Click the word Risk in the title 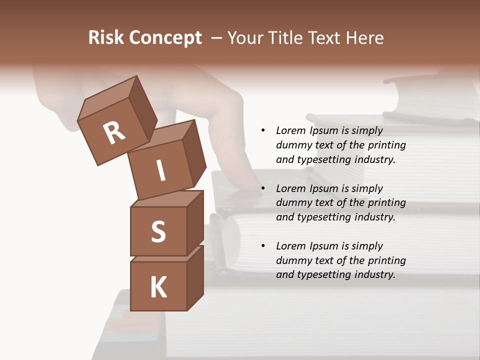click(x=105, y=38)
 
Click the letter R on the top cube click(x=114, y=132)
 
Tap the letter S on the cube click(x=158, y=231)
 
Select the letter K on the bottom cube click(x=158, y=287)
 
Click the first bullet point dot click(x=263, y=130)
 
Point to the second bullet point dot click(x=263, y=188)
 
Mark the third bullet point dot click(x=263, y=246)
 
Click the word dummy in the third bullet click(x=292, y=260)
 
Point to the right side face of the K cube click(x=195, y=277)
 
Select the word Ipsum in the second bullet click(x=323, y=188)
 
